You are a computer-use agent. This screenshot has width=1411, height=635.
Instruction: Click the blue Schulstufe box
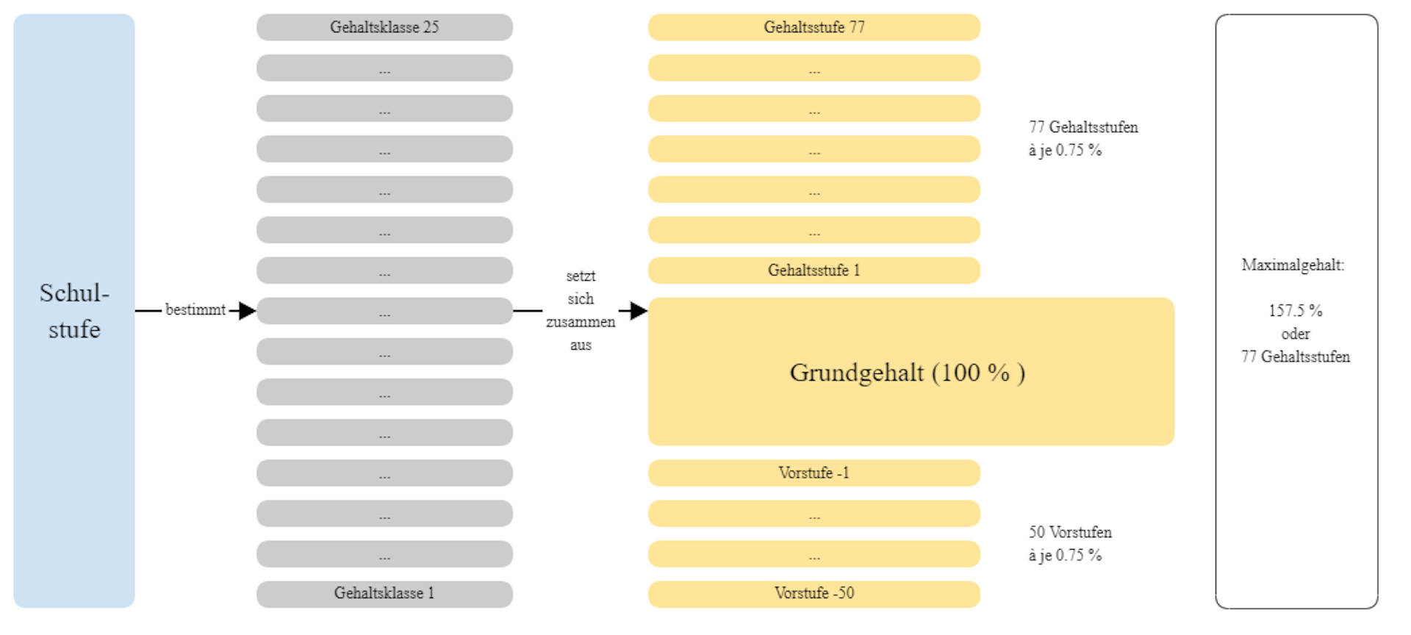point(74,311)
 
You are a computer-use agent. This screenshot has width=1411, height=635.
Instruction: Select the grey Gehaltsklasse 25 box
point(384,27)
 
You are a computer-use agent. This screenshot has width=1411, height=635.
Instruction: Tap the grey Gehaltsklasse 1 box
point(384,594)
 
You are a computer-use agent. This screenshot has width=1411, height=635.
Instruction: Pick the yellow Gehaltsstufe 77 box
point(814,27)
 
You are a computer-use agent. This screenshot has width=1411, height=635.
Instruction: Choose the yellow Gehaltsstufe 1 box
point(814,270)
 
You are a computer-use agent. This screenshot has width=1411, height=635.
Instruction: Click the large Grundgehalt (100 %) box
point(911,372)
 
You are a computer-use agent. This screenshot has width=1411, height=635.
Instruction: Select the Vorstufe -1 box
point(814,473)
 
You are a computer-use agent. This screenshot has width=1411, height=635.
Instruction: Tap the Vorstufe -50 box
point(814,594)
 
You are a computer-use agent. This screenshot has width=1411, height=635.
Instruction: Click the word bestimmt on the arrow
point(195,310)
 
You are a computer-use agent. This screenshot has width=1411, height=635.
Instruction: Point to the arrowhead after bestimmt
point(247,311)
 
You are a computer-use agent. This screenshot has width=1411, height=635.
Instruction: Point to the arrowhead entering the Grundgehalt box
point(639,311)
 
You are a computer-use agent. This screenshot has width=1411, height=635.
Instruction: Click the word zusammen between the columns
point(581,322)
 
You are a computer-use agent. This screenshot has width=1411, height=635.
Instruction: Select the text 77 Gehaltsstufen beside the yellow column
point(1083,127)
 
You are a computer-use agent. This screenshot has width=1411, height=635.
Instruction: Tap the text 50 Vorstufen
point(1070,532)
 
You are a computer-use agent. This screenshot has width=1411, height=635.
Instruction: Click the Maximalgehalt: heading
point(1293,265)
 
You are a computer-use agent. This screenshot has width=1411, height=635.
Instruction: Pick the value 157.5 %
point(1295,311)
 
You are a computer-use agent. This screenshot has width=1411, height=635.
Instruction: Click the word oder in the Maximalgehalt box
point(1296,334)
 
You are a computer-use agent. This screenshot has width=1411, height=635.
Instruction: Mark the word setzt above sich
point(581,276)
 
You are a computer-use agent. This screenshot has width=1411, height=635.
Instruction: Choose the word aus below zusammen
point(581,345)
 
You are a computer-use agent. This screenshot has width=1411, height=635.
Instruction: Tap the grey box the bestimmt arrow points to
point(384,311)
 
